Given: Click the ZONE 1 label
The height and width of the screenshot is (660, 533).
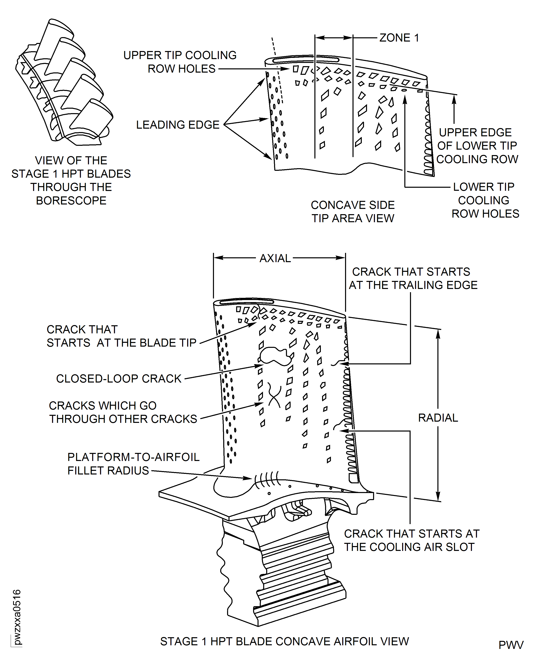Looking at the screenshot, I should point(399,38).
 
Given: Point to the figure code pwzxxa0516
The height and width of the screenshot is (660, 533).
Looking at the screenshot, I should point(17,617).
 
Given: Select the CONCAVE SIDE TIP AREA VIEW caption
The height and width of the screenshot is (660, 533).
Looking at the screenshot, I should point(353,212).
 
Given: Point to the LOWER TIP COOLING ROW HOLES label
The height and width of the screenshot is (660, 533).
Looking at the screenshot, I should point(485,200).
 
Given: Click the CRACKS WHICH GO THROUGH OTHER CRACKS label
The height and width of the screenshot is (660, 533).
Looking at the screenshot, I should point(123,412).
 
